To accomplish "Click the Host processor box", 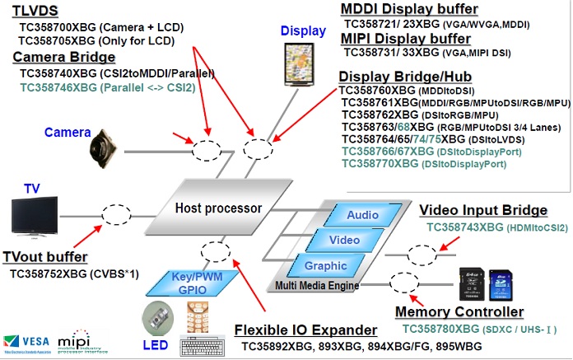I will (217, 208).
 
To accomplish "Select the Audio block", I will (362, 215).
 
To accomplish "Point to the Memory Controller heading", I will (459, 312).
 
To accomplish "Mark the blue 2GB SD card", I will (497, 284).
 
